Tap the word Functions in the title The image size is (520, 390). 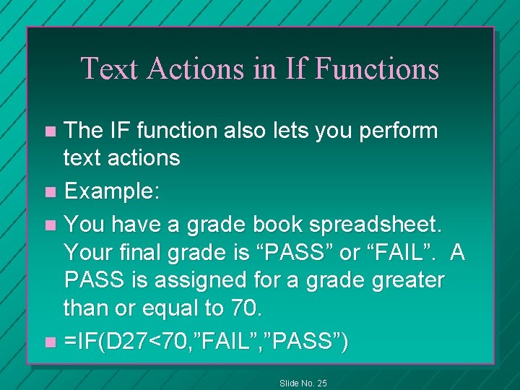pyautogui.click(x=377, y=68)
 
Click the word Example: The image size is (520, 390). pyautogui.click(x=112, y=193)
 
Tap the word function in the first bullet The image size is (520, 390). pyautogui.click(x=169, y=131)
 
